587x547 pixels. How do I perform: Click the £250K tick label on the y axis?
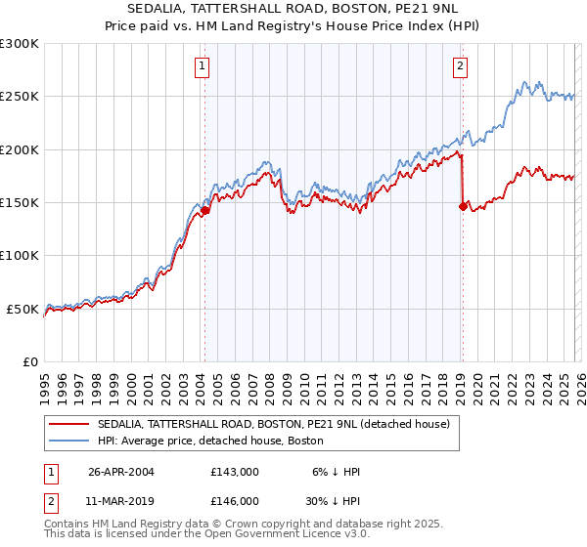click(20, 97)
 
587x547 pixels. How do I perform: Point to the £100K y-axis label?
click(20, 255)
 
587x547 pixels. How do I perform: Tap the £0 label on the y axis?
click(29, 361)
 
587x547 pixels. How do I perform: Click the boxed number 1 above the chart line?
click(202, 66)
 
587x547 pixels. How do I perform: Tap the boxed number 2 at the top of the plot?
click(459, 66)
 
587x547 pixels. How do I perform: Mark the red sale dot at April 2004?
click(205, 210)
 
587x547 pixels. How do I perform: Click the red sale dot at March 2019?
click(463, 206)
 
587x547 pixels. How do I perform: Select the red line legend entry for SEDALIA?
click(273, 424)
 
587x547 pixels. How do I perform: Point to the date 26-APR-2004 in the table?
click(121, 472)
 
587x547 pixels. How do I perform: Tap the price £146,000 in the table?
click(234, 500)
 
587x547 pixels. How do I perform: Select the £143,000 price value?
click(234, 472)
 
